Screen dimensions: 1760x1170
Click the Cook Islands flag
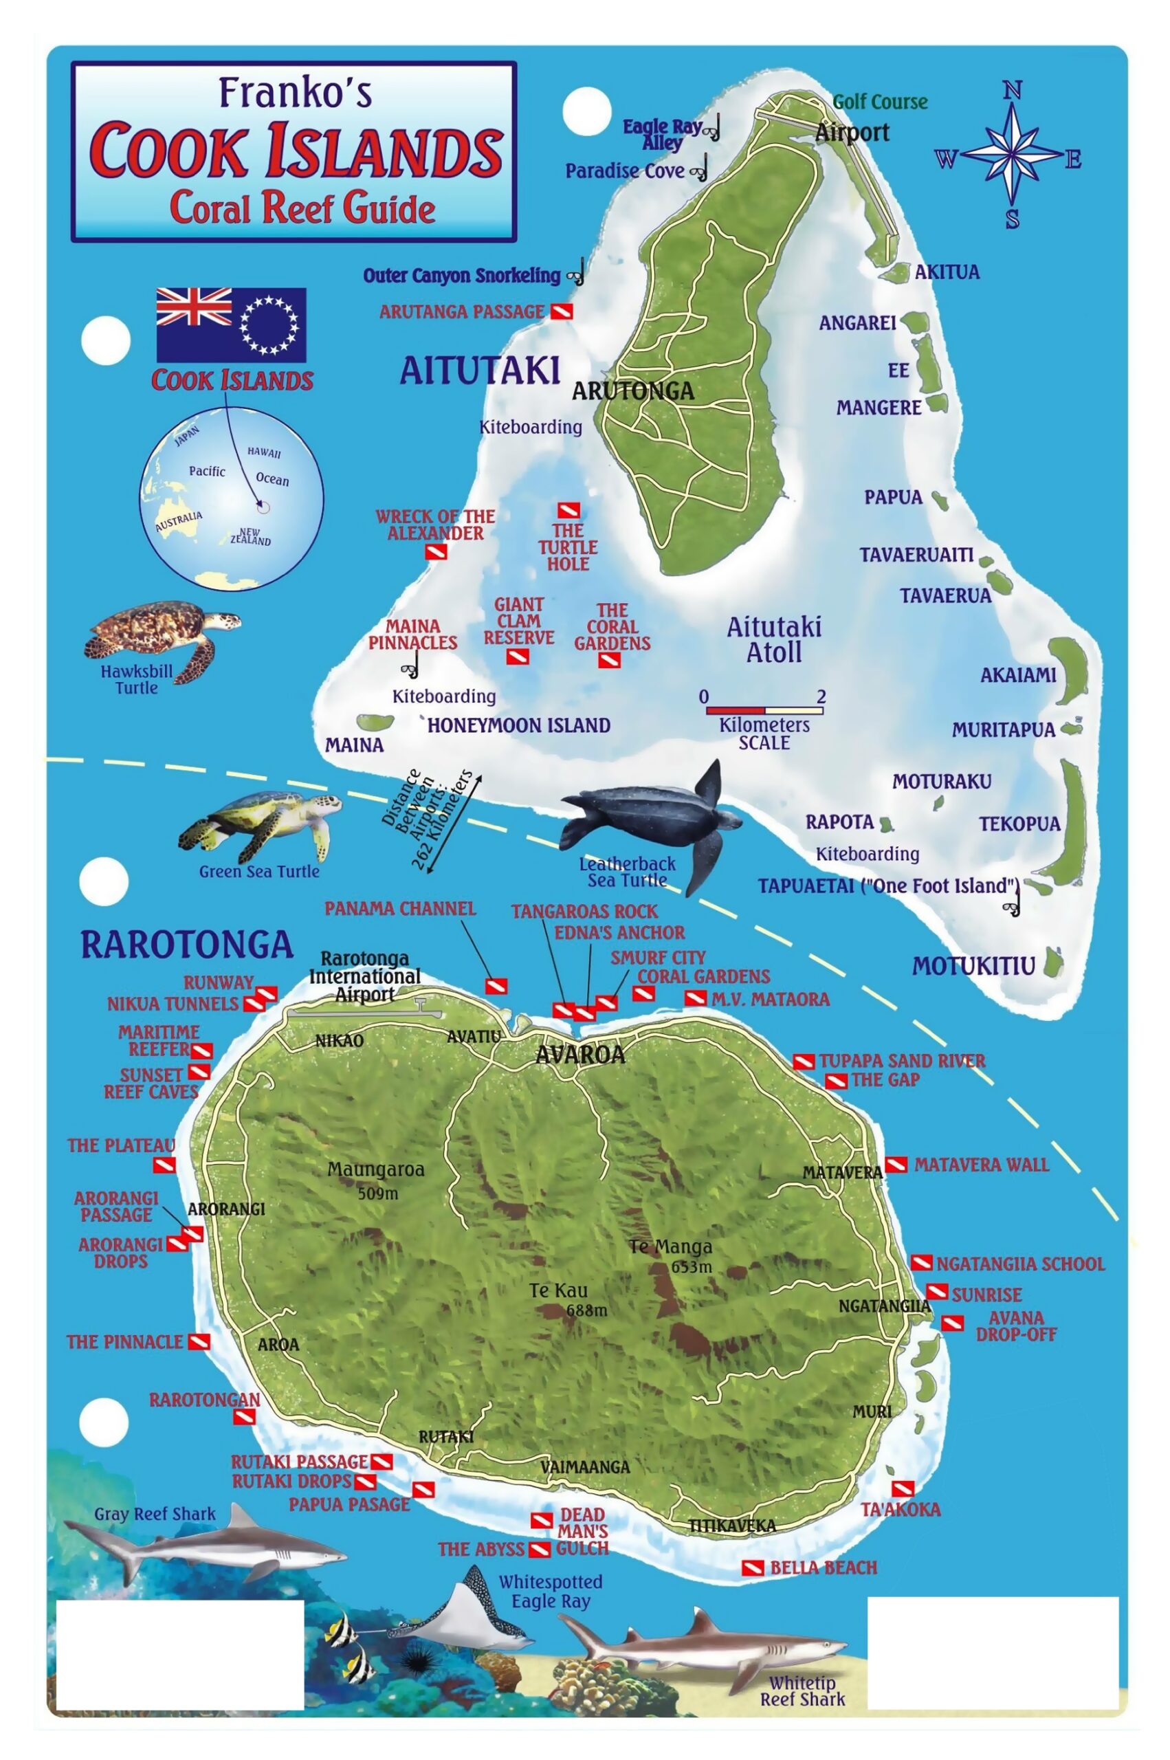(230, 324)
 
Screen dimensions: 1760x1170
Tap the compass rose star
(1011, 155)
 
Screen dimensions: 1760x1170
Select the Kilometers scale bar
(764, 710)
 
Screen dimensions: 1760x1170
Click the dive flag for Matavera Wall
(896, 1165)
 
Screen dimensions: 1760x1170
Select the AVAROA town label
(580, 1054)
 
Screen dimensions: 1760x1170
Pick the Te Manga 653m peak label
(671, 1255)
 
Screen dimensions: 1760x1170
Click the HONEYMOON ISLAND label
(518, 725)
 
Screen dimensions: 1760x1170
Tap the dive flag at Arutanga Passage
(561, 312)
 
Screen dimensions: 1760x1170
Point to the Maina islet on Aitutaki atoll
(375, 722)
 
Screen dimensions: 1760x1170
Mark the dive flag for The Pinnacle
(199, 1342)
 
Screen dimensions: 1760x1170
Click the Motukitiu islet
(1053, 962)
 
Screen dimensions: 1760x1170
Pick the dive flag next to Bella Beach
(753, 1567)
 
